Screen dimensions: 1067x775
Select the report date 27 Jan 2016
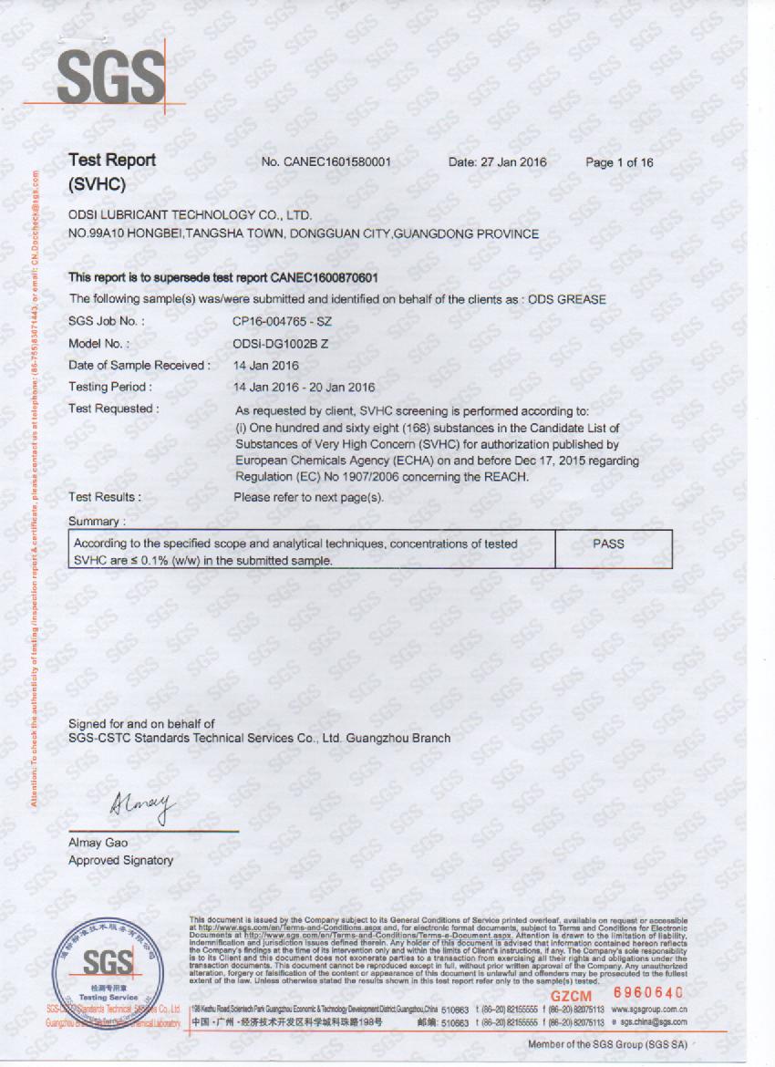point(514,162)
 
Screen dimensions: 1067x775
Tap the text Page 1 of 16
point(619,162)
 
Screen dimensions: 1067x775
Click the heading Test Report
point(112,161)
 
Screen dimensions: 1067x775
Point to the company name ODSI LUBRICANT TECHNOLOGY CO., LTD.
point(191,215)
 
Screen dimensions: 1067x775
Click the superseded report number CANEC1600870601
point(325,277)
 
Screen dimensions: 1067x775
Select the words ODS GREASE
point(569,299)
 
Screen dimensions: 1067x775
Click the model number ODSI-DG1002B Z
point(282,343)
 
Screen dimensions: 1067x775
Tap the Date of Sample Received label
point(139,365)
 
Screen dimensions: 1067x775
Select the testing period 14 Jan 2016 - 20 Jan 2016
point(305,387)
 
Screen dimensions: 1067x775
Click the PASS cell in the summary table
point(608,544)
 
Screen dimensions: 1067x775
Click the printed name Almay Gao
point(98,843)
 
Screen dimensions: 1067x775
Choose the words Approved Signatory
point(120,860)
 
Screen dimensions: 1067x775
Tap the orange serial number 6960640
point(648,992)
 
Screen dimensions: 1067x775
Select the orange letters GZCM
point(571,997)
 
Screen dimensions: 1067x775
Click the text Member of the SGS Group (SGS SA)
point(607,1044)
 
